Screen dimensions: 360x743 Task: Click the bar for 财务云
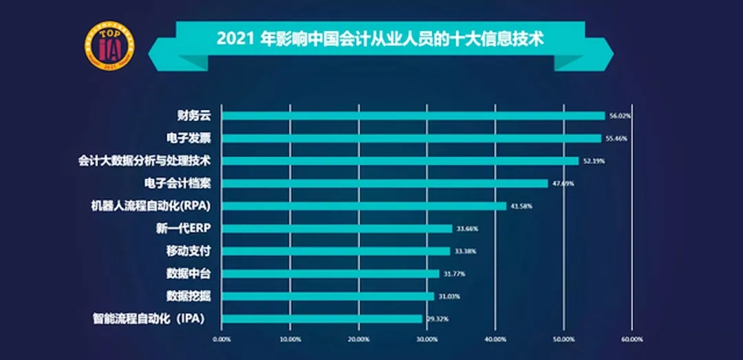point(413,116)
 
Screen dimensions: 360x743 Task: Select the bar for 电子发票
point(411,138)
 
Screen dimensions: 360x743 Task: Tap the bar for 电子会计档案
point(385,183)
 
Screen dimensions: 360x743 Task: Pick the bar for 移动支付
point(336,251)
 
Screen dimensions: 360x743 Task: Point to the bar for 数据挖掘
point(327,296)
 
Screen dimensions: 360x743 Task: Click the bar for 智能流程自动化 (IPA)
point(322,319)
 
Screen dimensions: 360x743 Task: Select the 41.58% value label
point(521,206)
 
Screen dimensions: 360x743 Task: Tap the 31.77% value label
point(454,274)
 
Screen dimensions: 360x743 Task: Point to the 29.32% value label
point(437,319)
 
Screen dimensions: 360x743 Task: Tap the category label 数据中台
point(188,273)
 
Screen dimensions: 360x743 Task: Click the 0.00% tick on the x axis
point(222,339)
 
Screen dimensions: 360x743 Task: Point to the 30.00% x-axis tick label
point(427,339)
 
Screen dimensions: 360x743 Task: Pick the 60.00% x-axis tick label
point(632,339)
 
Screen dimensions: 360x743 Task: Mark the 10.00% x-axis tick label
point(290,339)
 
